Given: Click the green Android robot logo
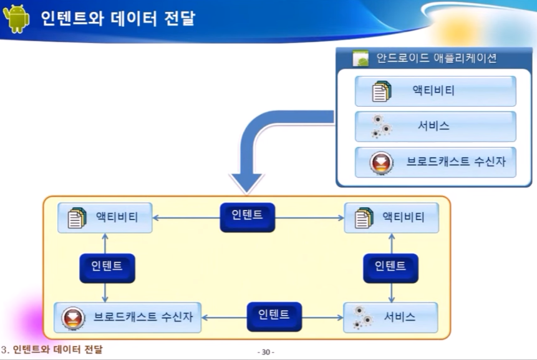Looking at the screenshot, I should pyautogui.click(x=16, y=18).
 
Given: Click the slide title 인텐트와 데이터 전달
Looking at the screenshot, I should pyautogui.click(x=117, y=19).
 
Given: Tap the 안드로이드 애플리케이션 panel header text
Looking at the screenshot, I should pyautogui.click(x=436, y=59).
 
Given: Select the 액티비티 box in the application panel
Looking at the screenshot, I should pyautogui.click(x=435, y=91).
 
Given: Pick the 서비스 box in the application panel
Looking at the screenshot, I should pyautogui.click(x=435, y=126).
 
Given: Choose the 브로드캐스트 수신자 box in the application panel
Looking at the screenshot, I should pyautogui.click(x=435, y=162).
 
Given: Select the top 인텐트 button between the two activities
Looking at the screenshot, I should pyautogui.click(x=247, y=216).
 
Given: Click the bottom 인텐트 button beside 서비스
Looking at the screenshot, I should pyautogui.click(x=274, y=316).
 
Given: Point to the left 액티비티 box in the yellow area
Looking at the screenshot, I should pyautogui.click(x=105, y=218).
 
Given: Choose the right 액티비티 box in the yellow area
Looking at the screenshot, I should pyautogui.click(x=391, y=218).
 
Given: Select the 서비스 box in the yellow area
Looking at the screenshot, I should pyautogui.click(x=390, y=318).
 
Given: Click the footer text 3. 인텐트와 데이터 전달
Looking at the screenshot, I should pyautogui.click(x=52, y=349).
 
